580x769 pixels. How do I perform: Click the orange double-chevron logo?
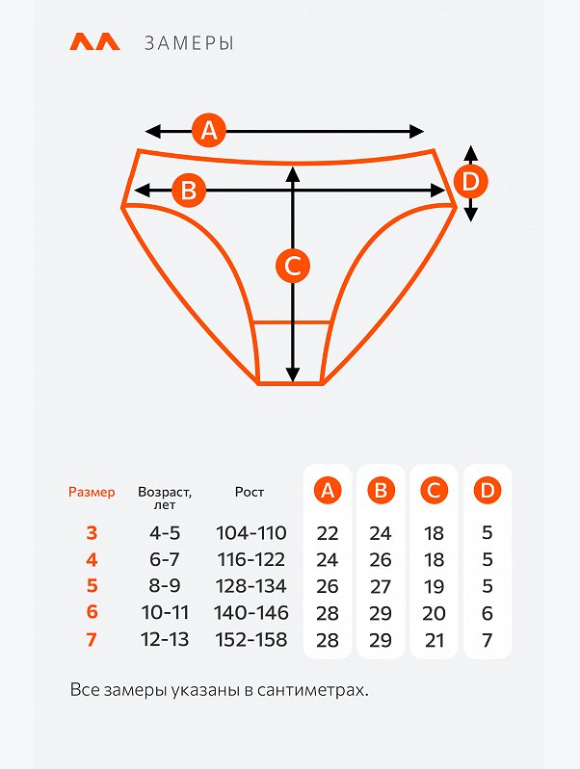point(94,41)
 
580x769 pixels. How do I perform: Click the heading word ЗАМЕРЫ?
point(189,43)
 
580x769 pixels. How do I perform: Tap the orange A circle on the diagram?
point(209,131)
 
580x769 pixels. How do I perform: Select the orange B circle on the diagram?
point(189,190)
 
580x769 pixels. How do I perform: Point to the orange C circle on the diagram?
point(293,266)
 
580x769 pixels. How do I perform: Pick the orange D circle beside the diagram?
point(470,182)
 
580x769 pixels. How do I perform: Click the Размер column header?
point(92,492)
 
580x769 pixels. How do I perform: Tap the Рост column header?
point(250,492)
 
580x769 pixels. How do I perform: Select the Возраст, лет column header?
point(165,498)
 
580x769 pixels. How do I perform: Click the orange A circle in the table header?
point(328,490)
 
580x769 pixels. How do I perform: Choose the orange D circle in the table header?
point(488,490)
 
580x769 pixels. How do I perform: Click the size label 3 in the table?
point(92,532)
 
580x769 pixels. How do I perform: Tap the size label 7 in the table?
point(92,639)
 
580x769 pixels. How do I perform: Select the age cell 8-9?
point(165,585)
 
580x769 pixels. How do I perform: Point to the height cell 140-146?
point(250,612)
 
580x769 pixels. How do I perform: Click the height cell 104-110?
point(250,532)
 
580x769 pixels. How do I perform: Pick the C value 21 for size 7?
point(435,640)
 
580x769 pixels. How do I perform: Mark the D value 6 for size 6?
point(488,613)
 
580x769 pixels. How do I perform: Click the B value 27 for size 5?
point(381,586)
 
